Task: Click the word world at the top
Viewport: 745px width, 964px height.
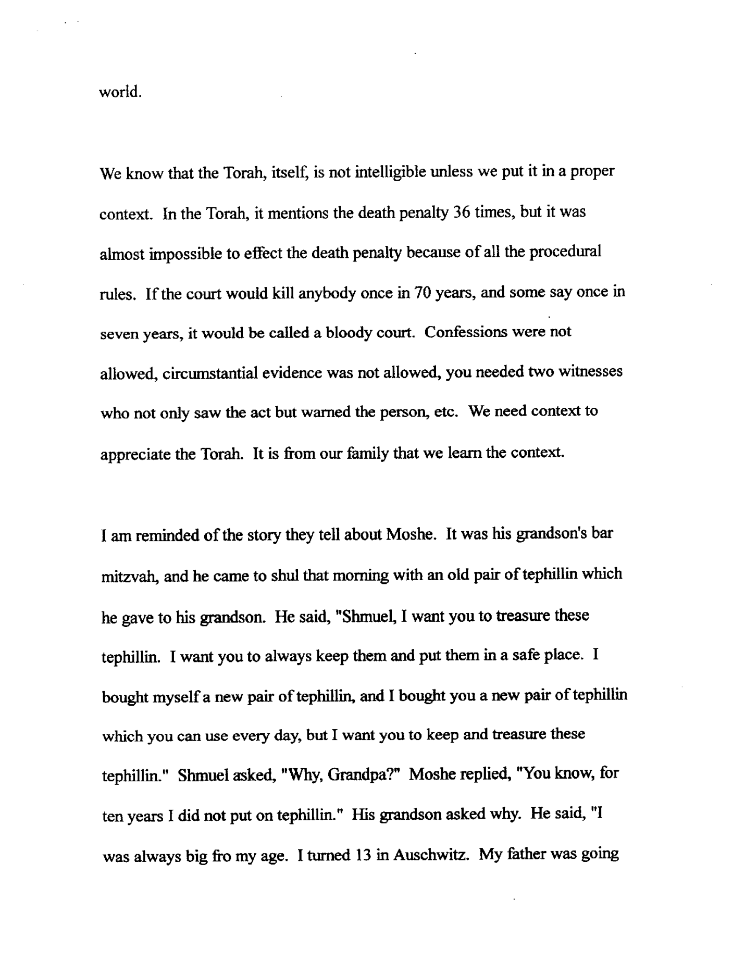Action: click(x=119, y=92)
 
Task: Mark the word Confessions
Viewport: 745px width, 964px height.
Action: click(x=466, y=332)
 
